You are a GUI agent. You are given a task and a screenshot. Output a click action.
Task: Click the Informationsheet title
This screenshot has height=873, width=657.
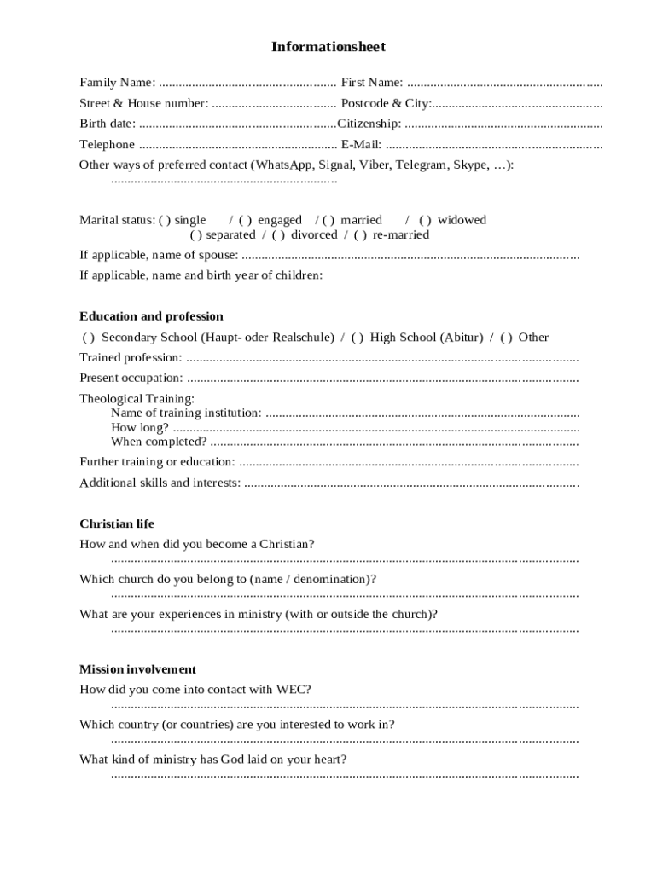(x=328, y=47)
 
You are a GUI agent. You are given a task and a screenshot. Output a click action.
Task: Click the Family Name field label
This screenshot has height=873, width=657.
(x=117, y=83)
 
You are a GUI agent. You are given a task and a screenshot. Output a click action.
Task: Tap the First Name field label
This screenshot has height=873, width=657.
(x=372, y=83)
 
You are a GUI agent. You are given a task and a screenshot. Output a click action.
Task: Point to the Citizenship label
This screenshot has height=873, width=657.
(x=369, y=124)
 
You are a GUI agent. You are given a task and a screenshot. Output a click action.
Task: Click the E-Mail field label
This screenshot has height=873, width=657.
(x=361, y=145)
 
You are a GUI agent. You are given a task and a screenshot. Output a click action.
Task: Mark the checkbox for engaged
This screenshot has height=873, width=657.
(x=245, y=220)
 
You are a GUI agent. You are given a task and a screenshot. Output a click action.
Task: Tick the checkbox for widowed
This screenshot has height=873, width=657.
(x=425, y=220)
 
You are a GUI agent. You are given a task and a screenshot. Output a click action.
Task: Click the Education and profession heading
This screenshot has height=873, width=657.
(x=151, y=316)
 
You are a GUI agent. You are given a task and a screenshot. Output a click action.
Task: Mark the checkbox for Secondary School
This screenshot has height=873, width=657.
(x=89, y=338)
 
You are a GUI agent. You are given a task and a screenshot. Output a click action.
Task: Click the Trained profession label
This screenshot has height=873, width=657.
(x=131, y=358)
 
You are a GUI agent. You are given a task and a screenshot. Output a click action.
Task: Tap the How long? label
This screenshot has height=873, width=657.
(x=140, y=428)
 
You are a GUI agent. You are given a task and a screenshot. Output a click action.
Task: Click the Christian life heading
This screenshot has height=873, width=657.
(x=117, y=524)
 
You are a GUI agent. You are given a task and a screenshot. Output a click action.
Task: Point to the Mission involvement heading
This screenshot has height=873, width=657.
(x=137, y=669)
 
